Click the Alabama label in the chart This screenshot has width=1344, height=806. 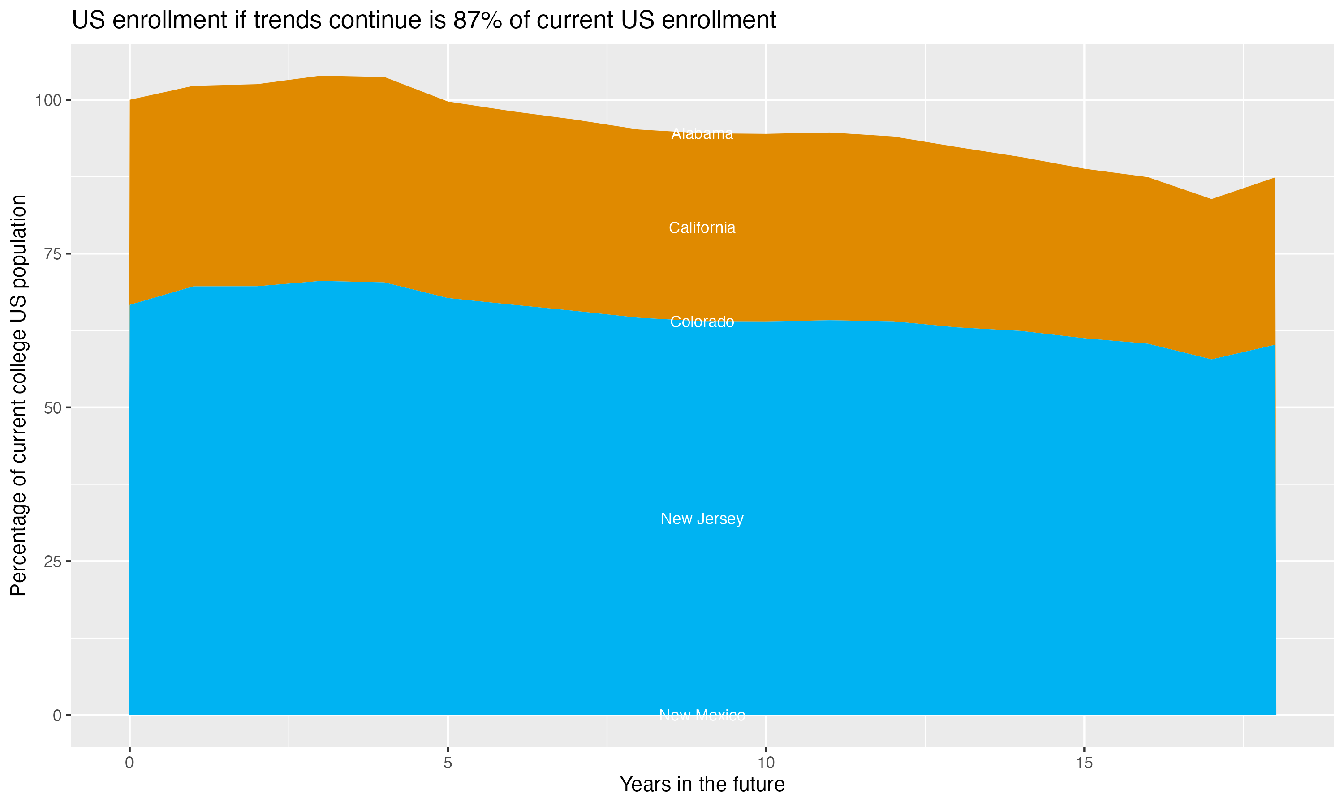[702, 133]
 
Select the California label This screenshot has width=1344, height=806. [702, 227]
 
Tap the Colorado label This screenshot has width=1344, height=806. [702, 322]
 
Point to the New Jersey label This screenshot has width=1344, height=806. [702, 519]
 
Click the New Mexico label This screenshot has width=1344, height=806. [702, 715]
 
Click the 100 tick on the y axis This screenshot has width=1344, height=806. [48, 100]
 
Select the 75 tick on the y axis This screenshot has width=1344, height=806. [53, 253]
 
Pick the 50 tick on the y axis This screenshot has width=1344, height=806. [53, 408]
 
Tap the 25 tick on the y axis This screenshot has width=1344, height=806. [53, 562]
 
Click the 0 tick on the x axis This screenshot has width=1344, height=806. [129, 763]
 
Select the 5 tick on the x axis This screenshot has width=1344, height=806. [448, 763]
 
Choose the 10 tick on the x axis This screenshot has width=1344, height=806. [766, 763]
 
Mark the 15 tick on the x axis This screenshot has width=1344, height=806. [1084, 763]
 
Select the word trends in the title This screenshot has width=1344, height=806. [288, 21]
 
